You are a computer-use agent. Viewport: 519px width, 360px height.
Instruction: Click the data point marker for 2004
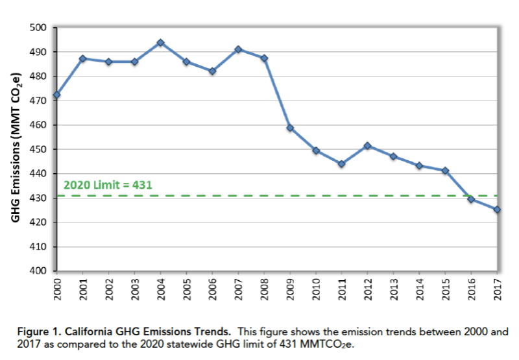tap(160, 43)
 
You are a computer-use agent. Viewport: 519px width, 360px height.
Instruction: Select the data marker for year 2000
tap(56, 95)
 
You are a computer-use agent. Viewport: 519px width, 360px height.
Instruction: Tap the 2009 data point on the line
tap(290, 128)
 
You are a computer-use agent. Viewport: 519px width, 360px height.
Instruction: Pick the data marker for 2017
tap(497, 210)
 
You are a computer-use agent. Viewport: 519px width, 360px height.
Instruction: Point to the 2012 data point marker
tap(368, 146)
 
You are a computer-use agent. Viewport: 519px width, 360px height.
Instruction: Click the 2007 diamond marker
tap(238, 49)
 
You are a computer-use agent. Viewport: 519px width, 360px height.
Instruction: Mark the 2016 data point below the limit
tap(471, 199)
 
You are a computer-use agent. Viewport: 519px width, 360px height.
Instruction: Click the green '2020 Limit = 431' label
tap(108, 185)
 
